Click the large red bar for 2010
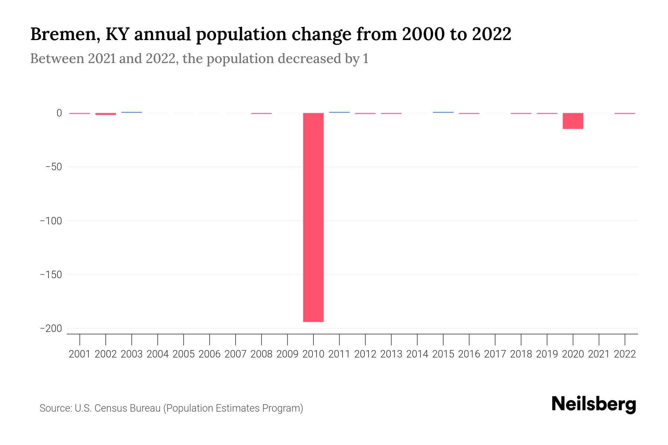[313, 217]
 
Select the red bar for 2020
[573, 121]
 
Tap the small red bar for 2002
[106, 114]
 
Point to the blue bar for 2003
[132, 112]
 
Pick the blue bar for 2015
[443, 112]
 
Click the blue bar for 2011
[339, 112]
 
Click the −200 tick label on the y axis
[51, 329]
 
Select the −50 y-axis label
[53, 167]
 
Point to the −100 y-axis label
[51, 221]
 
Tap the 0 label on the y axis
[59, 113]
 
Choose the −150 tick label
[51, 275]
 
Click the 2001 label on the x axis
[80, 354]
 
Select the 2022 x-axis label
[625, 354]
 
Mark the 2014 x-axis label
[417, 354]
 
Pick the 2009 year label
[287, 354]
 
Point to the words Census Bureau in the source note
[127, 408]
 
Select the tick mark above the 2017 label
[495, 339]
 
